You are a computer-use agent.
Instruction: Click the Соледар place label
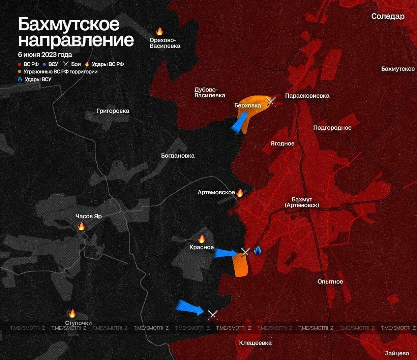[388, 16]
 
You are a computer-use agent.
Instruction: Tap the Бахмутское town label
[398, 69]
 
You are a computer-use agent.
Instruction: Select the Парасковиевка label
[307, 96]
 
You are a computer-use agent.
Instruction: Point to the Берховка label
[247, 105]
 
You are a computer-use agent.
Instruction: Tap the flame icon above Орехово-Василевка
[159, 31]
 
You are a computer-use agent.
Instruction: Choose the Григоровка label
[113, 111]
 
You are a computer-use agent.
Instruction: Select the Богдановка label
[178, 156]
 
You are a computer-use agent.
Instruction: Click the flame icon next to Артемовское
[240, 193]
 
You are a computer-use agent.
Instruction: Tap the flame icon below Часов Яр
[81, 226]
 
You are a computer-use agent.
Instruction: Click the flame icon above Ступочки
[72, 314]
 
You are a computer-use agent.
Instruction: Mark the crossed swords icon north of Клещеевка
[213, 315]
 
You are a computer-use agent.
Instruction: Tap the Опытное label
[330, 282]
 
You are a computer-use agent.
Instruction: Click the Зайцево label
[397, 353]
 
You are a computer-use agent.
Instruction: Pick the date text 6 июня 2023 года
[45, 55]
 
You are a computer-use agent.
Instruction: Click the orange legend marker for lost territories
[20, 72]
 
